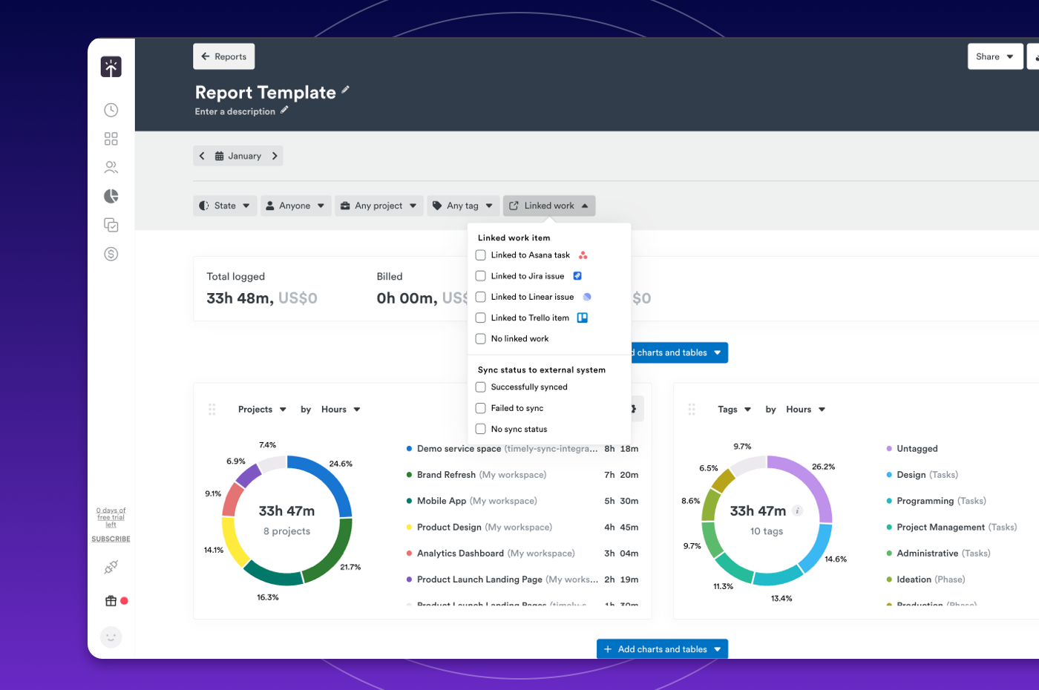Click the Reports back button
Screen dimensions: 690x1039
(x=224, y=56)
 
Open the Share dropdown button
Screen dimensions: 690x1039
(x=994, y=56)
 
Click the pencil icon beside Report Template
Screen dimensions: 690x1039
(x=345, y=91)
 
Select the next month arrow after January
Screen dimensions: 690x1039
(x=275, y=156)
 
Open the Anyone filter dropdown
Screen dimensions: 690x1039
(x=295, y=206)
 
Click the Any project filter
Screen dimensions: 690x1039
(x=378, y=206)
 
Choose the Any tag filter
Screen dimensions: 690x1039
(x=462, y=206)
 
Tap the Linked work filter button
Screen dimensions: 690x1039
(x=549, y=206)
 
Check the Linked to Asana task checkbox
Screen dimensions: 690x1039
(x=481, y=255)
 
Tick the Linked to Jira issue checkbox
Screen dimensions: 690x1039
(x=481, y=276)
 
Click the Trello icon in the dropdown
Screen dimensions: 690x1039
(x=583, y=318)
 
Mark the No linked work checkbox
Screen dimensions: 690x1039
(x=481, y=338)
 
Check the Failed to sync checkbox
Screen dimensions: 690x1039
(x=481, y=408)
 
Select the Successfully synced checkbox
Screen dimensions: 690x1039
(x=481, y=387)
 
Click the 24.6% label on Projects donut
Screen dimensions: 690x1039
(x=341, y=464)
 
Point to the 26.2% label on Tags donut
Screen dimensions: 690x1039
(x=823, y=467)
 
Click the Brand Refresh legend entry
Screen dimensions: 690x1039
(x=446, y=475)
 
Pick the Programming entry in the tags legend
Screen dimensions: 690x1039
(x=925, y=501)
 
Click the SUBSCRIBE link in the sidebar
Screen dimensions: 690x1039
(x=111, y=539)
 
